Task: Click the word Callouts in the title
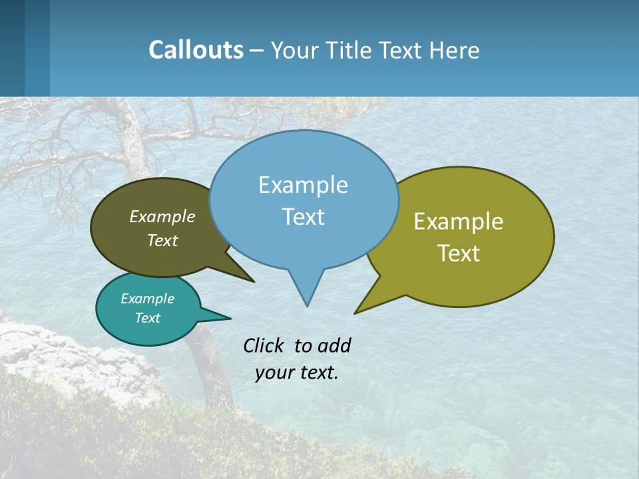click(x=196, y=50)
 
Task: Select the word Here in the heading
click(x=455, y=51)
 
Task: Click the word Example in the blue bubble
click(x=303, y=185)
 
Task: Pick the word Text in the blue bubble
click(x=303, y=217)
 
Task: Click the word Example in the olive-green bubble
click(x=459, y=222)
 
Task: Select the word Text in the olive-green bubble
click(x=459, y=253)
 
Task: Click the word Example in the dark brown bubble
click(x=162, y=216)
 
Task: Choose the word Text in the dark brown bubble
click(x=162, y=240)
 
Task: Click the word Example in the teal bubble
click(x=147, y=299)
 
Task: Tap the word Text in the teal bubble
click(x=147, y=318)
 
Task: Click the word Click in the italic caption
click(x=265, y=345)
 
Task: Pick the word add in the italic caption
click(x=334, y=345)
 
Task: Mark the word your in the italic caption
click(x=274, y=373)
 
